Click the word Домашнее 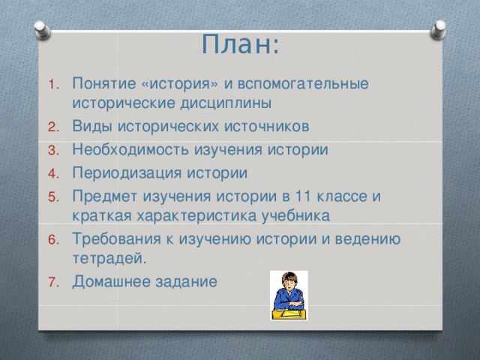[x=107, y=281]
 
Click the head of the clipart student [x=289, y=281]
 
